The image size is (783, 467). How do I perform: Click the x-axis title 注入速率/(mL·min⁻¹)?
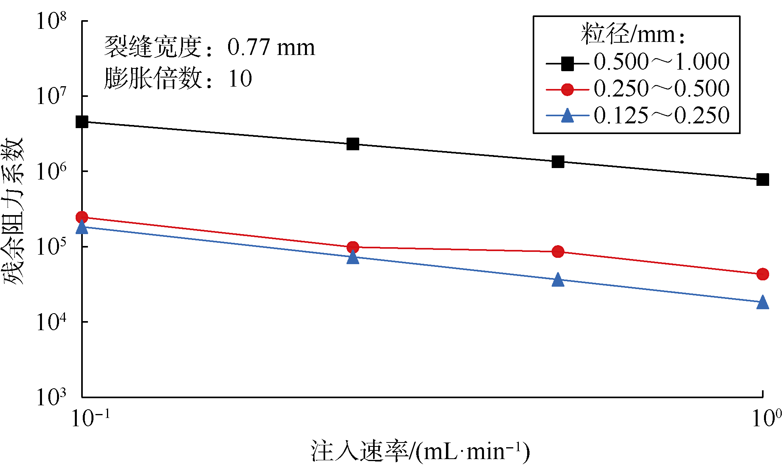click(x=420, y=451)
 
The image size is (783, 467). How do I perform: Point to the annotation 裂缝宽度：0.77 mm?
click(x=209, y=47)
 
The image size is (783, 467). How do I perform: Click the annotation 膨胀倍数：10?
click(x=178, y=78)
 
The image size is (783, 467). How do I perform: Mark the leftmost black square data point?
click(x=82, y=122)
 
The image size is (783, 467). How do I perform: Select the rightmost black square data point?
click(x=762, y=180)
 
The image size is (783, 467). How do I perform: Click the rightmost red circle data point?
click(x=762, y=274)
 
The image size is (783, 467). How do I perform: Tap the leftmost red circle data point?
click(x=82, y=217)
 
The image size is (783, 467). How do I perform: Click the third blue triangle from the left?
click(x=558, y=280)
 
